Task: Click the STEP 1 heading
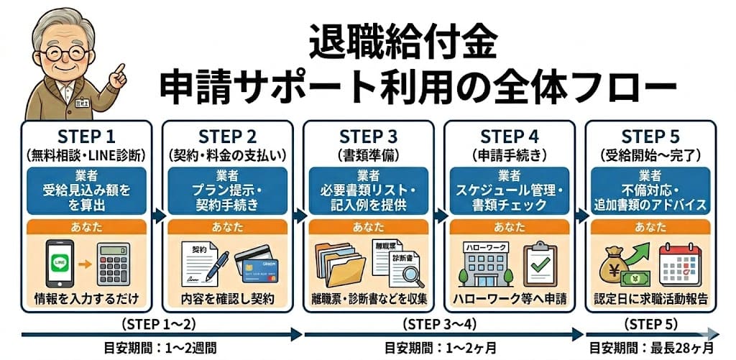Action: coord(86,137)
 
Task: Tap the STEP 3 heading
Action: coord(368,137)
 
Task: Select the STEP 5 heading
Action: coord(650,137)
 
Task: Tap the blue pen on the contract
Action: coord(216,263)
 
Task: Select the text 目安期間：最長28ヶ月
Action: coord(651,348)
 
